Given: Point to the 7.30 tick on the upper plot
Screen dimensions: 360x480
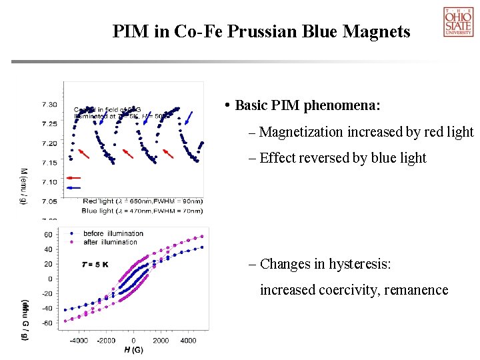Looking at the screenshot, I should [49, 105].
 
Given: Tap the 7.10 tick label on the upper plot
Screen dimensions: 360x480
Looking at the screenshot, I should [49, 181].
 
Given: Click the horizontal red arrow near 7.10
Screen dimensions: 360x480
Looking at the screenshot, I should [73, 178].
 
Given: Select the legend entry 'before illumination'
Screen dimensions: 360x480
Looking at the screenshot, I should [113, 233].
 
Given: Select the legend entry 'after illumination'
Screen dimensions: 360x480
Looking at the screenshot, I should [111, 241].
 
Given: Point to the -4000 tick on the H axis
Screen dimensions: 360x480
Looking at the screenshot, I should [79, 341].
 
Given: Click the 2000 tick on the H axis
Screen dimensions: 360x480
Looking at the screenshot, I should [161, 341].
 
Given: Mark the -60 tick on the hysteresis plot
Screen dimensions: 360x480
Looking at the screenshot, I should [48, 323].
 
